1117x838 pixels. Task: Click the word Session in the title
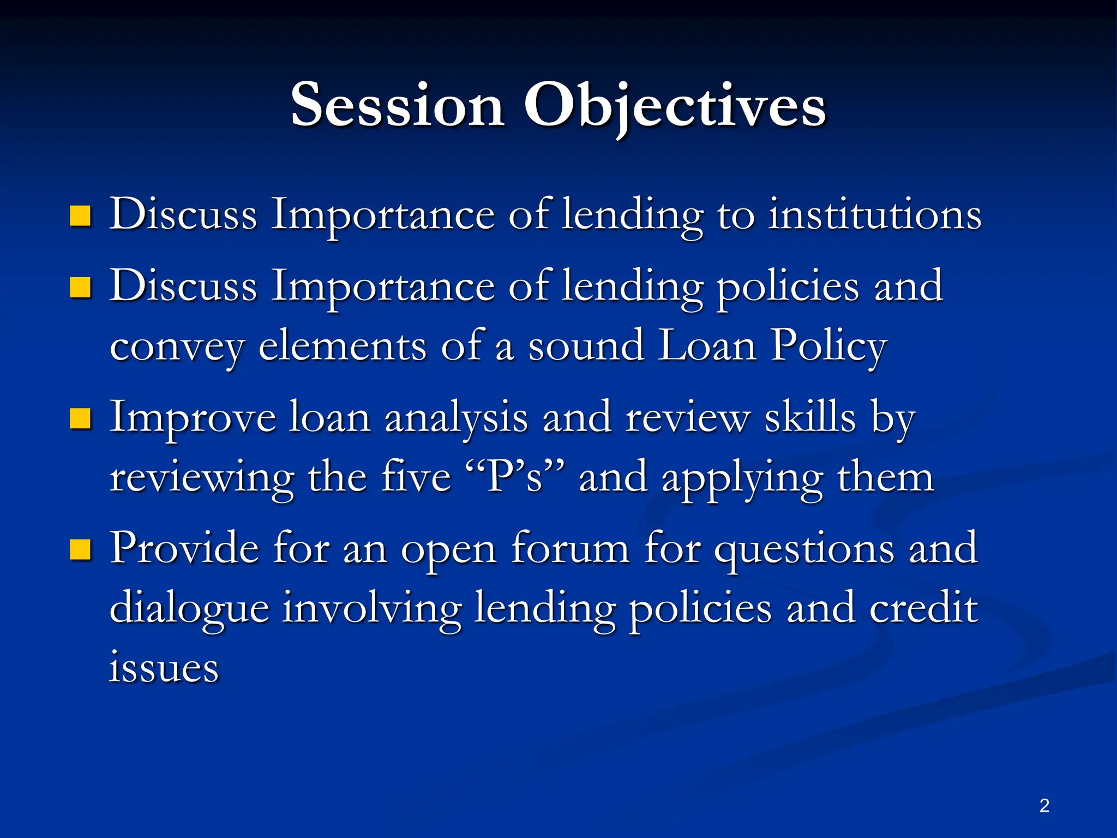click(x=397, y=105)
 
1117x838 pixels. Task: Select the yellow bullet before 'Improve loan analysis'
click(x=80, y=419)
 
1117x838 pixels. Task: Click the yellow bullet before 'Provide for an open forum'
click(x=80, y=550)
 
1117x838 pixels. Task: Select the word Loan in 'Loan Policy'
click(x=707, y=346)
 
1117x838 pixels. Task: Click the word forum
click(x=570, y=548)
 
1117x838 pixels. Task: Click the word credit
click(x=923, y=608)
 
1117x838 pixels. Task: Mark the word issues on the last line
click(x=164, y=668)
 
